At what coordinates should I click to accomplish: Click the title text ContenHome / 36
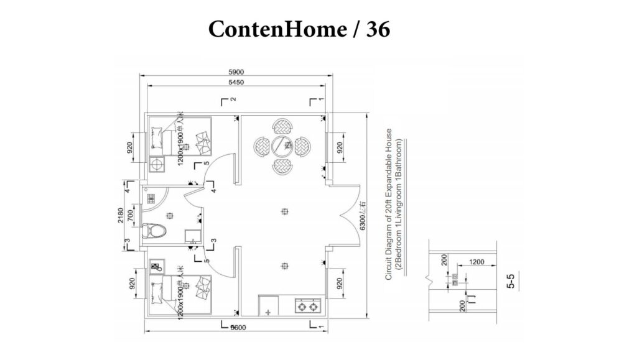(299, 29)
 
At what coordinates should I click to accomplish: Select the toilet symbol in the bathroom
(154, 233)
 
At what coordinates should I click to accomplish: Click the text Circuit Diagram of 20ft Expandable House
(389, 205)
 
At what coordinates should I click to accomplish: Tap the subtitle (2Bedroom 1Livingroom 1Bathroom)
(401, 205)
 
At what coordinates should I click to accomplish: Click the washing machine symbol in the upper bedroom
(157, 165)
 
